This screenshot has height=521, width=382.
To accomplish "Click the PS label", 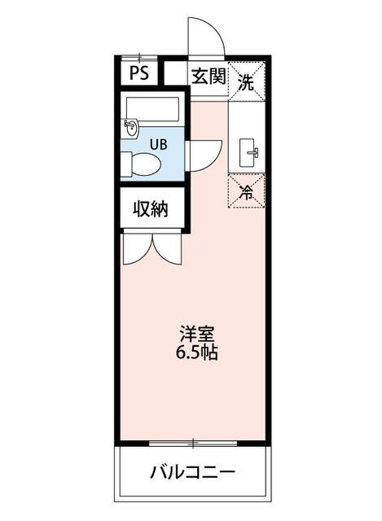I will (x=138, y=75).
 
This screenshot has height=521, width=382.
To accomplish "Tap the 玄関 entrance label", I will (x=208, y=77).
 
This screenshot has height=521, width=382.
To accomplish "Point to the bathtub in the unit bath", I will (x=153, y=109).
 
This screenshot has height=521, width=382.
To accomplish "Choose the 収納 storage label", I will (x=151, y=209).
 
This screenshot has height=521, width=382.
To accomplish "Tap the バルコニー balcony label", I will (x=192, y=472).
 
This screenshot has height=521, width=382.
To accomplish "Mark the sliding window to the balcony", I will (x=193, y=444).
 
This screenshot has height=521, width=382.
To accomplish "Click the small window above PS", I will (x=139, y=57).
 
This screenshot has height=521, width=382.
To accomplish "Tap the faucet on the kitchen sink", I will (x=253, y=151).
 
